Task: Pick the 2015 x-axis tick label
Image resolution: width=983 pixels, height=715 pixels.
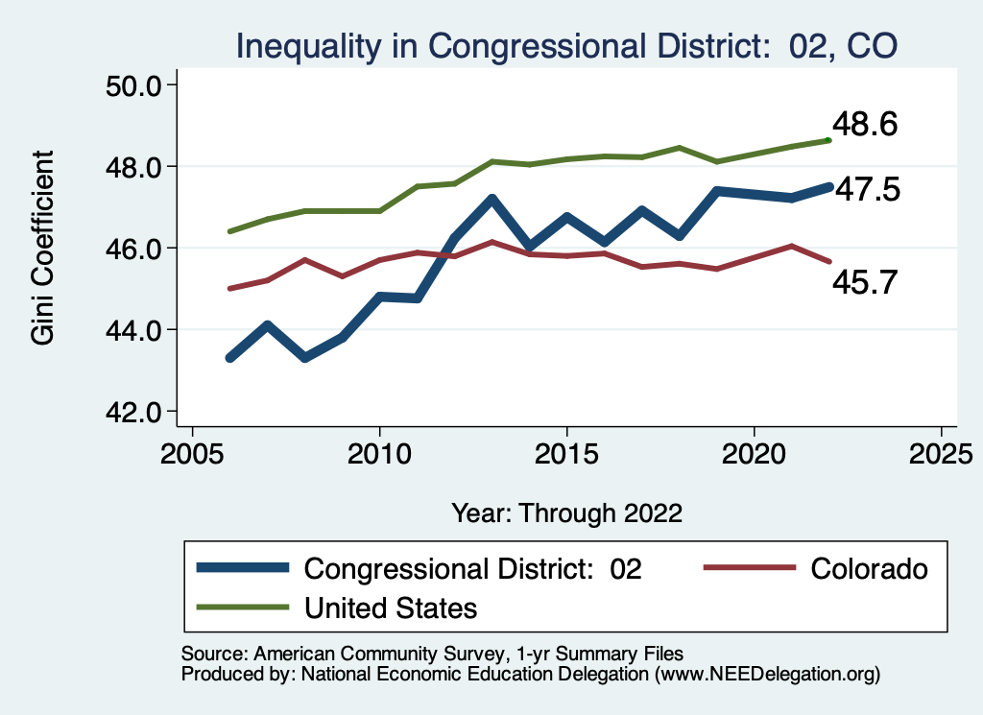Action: pos(567,452)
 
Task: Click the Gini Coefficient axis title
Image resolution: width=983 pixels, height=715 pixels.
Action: pos(44,248)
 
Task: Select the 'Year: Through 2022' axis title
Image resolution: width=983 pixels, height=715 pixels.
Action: pos(566,512)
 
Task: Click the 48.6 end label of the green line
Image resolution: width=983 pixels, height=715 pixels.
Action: pos(865,125)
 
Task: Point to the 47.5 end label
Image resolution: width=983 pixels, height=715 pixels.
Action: pos(867,190)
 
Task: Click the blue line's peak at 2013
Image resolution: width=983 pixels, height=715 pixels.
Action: pos(491,200)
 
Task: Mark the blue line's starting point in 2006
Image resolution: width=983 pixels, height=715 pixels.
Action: pos(230,358)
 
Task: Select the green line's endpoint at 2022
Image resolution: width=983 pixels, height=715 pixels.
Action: pos(828,140)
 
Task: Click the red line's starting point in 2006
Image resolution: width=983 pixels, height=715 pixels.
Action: pos(230,288)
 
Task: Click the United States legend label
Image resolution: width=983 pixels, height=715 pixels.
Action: pos(391,608)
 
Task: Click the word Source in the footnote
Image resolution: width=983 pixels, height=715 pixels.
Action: pos(212,653)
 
